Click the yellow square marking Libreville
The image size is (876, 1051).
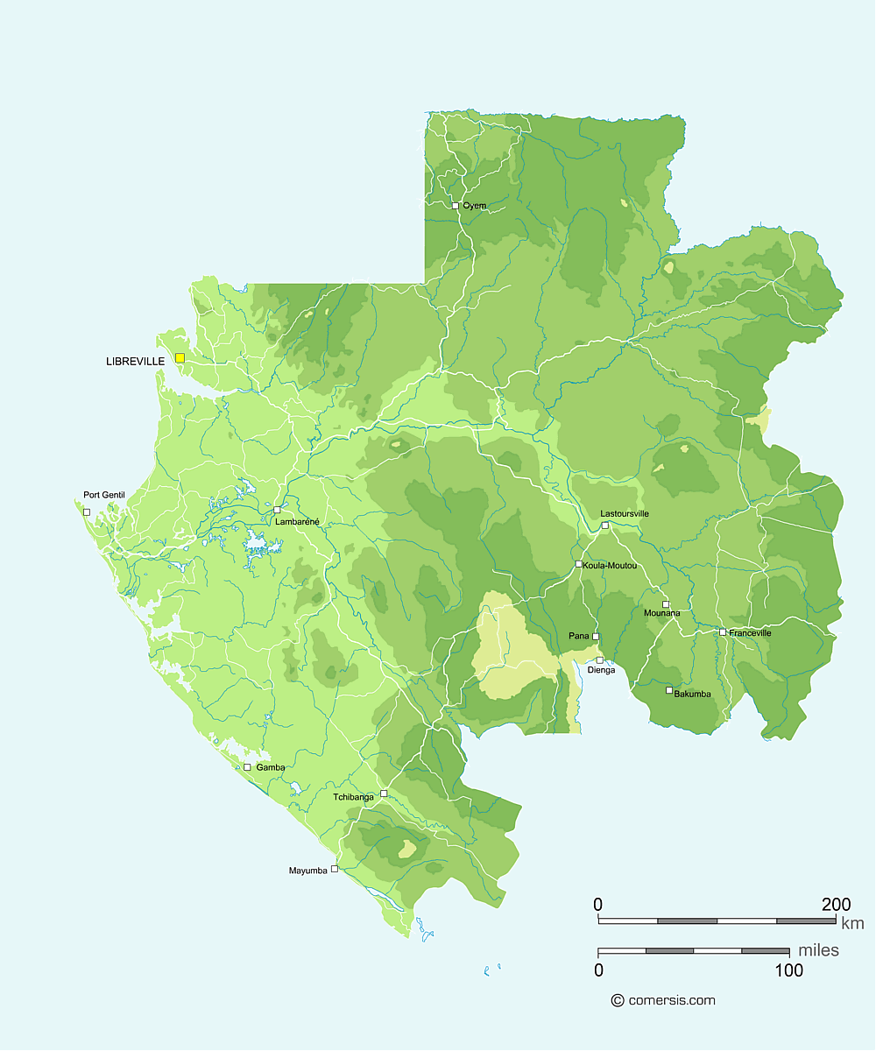(x=180, y=357)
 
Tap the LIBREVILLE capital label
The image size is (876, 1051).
(x=135, y=361)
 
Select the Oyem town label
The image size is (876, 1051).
(x=475, y=206)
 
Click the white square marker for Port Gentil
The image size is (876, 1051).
(x=86, y=511)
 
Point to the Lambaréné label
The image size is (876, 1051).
(x=298, y=521)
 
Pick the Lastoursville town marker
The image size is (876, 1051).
(x=604, y=525)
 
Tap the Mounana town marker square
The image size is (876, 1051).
(x=666, y=603)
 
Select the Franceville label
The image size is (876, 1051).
(x=751, y=632)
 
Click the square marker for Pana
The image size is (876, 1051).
(x=596, y=636)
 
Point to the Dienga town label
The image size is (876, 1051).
(x=601, y=670)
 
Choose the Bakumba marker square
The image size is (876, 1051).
(x=669, y=690)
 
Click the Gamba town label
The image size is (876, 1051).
(x=270, y=767)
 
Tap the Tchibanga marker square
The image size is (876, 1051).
(x=384, y=793)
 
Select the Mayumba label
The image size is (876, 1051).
(x=307, y=871)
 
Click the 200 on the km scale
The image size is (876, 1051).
(x=837, y=904)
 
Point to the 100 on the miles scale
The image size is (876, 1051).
(x=789, y=970)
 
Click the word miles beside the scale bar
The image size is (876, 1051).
(x=818, y=950)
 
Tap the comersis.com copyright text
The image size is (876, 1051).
(x=671, y=1000)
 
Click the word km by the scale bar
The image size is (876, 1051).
(x=852, y=923)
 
